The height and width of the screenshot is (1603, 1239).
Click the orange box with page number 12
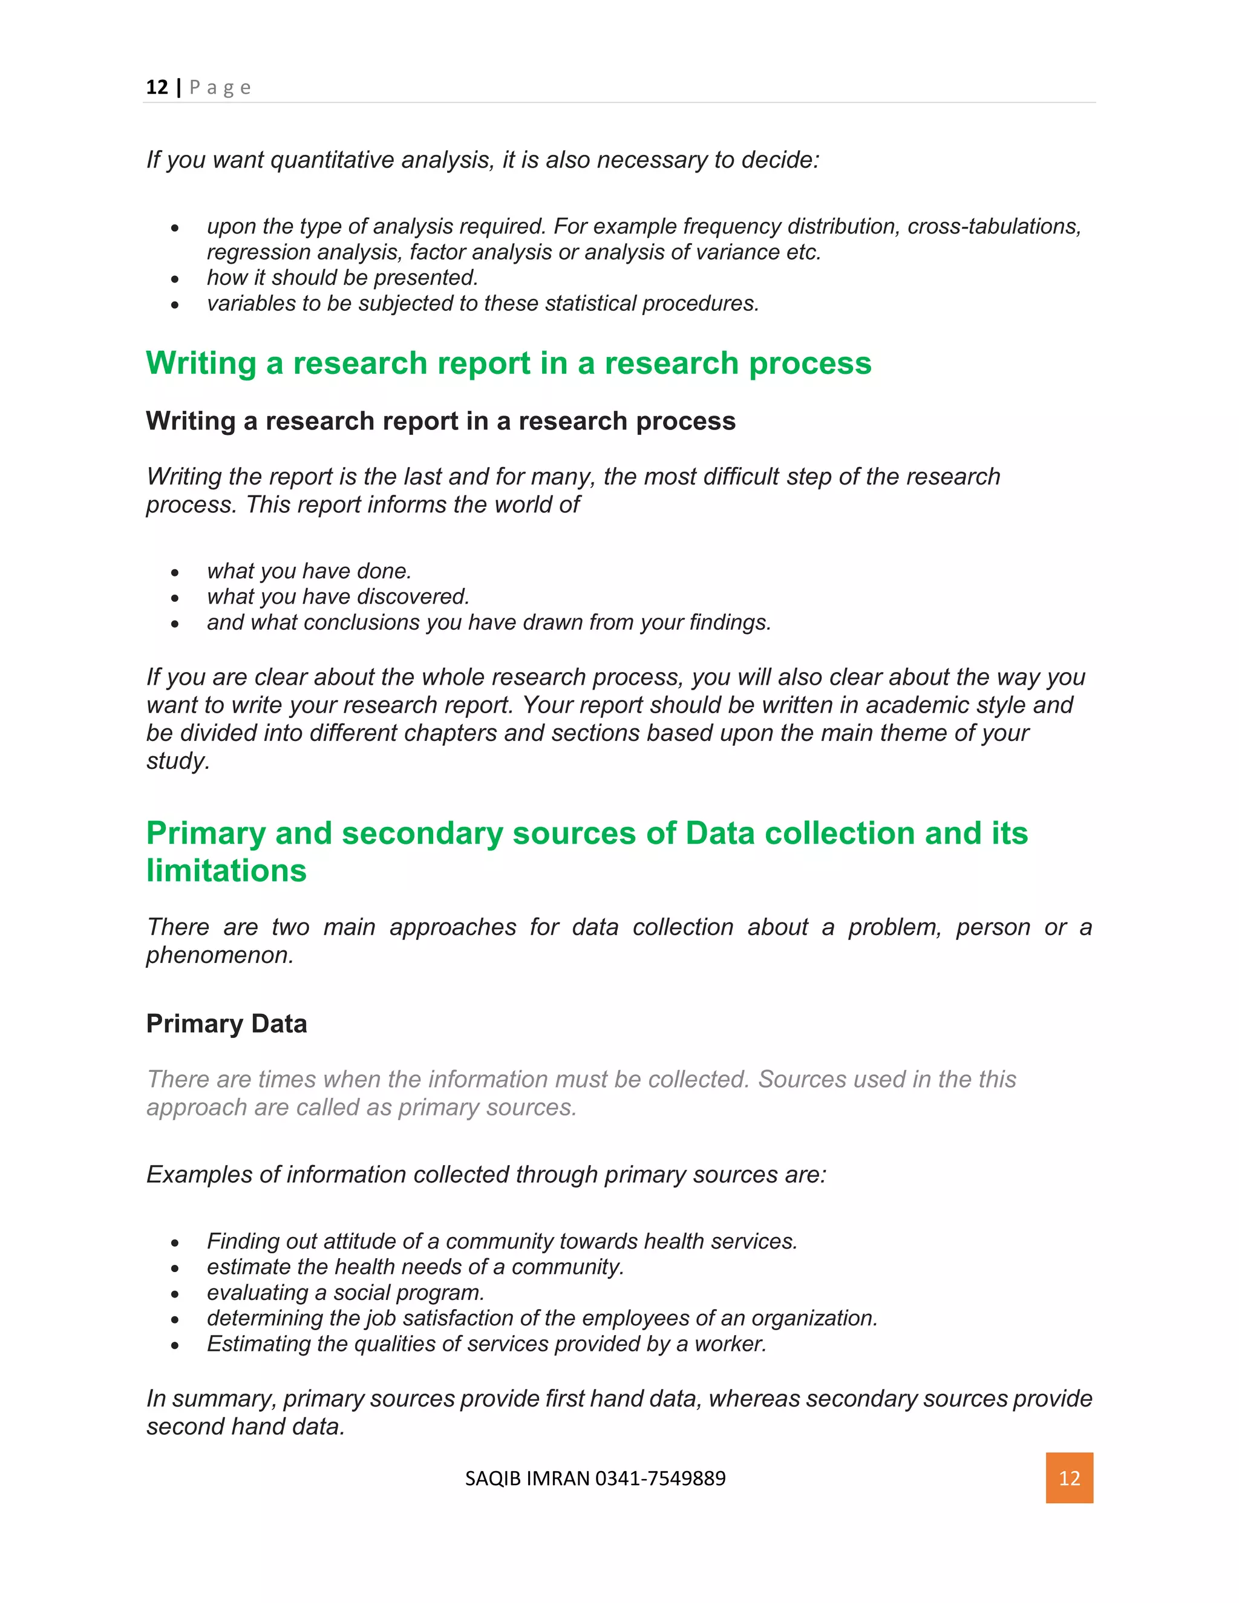1069,1478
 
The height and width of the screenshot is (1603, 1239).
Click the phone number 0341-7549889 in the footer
660,1478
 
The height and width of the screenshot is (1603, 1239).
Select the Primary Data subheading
226,1023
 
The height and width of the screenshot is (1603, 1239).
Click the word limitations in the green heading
226,870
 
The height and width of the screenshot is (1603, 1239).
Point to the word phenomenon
219,955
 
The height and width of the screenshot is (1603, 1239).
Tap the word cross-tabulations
994,226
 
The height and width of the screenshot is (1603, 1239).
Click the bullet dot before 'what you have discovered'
175,598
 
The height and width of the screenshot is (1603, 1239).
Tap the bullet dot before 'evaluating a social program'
175,1294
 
